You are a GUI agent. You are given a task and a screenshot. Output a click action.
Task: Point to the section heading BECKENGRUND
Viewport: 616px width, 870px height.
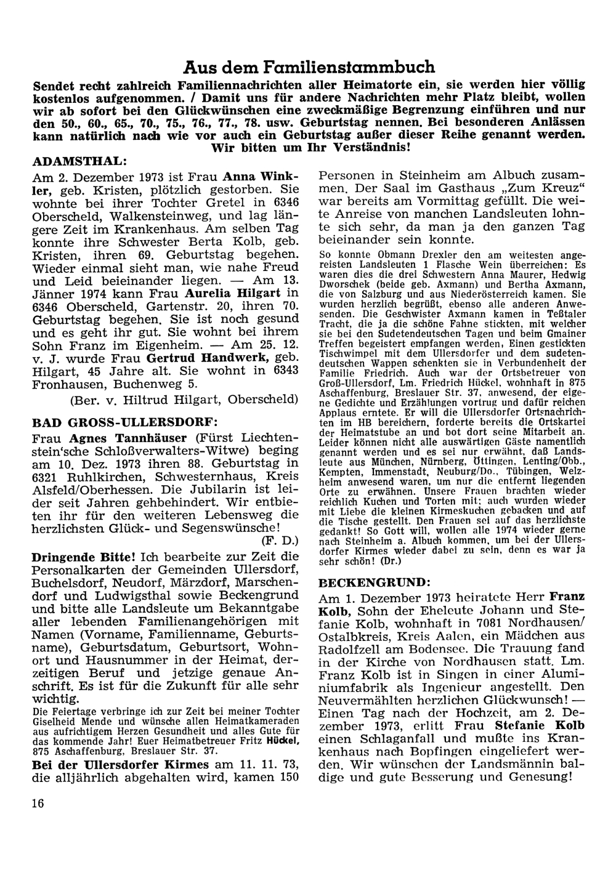tap(371, 581)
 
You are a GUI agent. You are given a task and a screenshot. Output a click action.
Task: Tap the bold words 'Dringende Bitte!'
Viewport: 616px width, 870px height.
tap(83, 555)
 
